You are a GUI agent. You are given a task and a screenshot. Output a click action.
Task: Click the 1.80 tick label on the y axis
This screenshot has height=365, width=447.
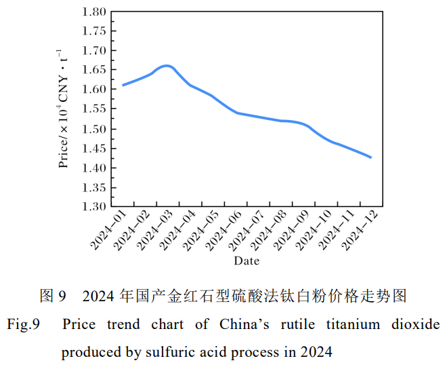94,12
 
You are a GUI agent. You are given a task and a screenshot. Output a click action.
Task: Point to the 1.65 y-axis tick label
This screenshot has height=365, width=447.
94,70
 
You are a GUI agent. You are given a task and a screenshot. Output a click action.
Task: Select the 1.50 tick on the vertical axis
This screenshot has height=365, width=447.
94,129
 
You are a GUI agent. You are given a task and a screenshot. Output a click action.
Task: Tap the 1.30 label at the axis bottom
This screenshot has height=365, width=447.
94,207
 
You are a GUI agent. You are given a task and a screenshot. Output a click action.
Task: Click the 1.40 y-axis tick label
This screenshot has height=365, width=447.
94,168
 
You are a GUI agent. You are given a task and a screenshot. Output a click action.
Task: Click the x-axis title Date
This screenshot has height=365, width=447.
247,261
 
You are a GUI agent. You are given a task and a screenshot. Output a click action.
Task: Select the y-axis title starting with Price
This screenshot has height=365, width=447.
63,109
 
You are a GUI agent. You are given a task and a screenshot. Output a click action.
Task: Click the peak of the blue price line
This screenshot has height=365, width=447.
167,66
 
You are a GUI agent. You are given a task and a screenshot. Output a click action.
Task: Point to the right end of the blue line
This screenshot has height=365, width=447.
371,157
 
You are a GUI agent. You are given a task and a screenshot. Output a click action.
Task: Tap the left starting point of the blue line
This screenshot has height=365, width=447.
123,85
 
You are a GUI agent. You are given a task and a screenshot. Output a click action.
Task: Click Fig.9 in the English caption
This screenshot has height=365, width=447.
24,324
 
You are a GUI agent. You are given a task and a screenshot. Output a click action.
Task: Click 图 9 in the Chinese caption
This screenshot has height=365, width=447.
53,296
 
